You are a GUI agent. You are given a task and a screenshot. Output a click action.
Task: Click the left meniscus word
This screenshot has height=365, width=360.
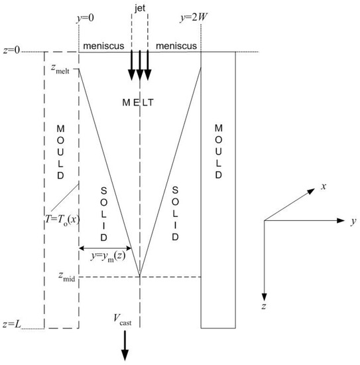(102, 44)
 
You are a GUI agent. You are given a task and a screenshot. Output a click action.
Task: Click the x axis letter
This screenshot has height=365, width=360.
(324, 187)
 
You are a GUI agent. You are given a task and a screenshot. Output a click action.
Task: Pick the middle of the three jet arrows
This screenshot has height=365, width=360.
(139, 66)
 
